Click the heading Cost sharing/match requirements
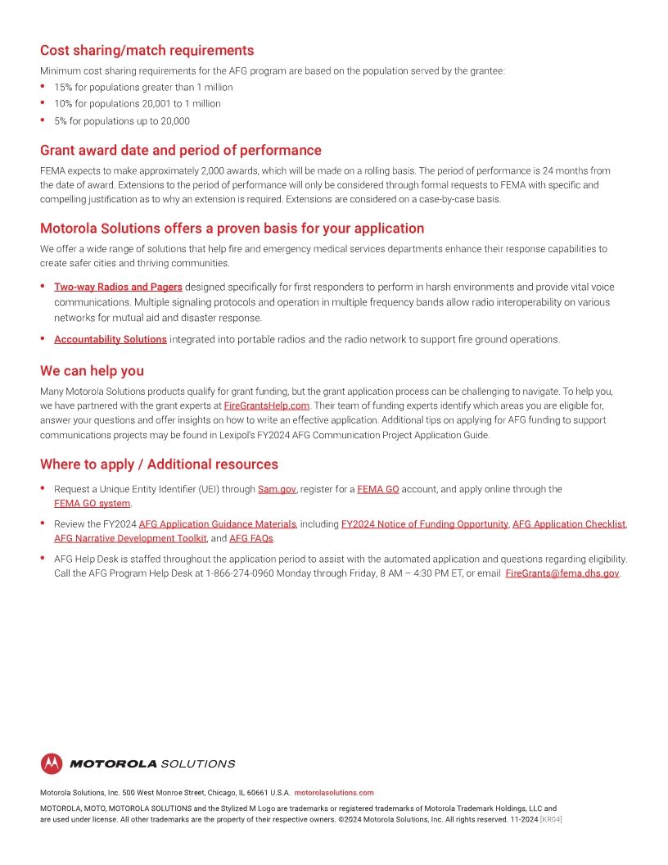pyautogui.click(x=147, y=51)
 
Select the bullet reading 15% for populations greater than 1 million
pyautogui.click(x=143, y=87)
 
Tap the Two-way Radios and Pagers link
pyautogui.click(x=118, y=287)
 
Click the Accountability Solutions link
pyautogui.click(x=111, y=339)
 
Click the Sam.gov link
pyautogui.click(x=277, y=489)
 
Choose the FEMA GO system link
pyautogui.click(x=92, y=503)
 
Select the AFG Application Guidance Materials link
pyautogui.click(x=217, y=524)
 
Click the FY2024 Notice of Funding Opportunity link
pyautogui.click(x=424, y=524)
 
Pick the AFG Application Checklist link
pyautogui.click(x=568, y=524)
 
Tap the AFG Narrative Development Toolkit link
pyautogui.click(x=130, y=538)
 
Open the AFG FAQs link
pyautogui.click(x=250, y=538)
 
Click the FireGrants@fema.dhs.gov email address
pyautogui.click(x=562, y=573)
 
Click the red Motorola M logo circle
pyautogui.click(x=52, y=763)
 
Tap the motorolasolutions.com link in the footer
pyautogui.click(x=333, y=793)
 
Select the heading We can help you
pyautogui.click(x=92, y=371)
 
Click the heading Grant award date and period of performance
pyautogui.click(x=180, y=151)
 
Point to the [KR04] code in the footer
pyautogui.click(x=550, y=819)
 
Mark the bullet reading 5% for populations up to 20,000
pyautogui.click(x=122, y=121)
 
